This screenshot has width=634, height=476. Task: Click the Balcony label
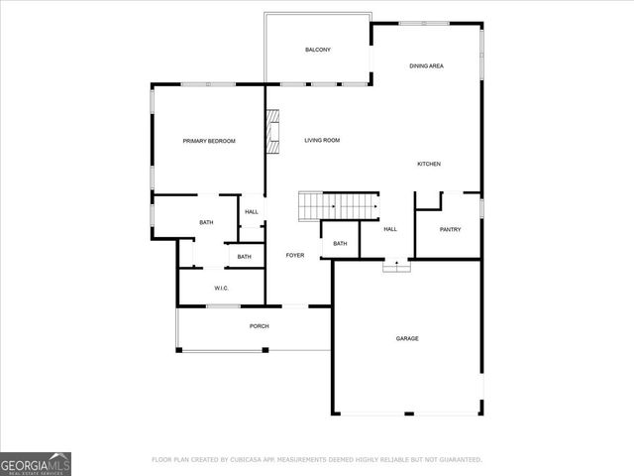point(317,50)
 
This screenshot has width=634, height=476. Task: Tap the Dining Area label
point(426,65)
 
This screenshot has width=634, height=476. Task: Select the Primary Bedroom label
point(209,141)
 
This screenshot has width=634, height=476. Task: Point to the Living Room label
point(322,141)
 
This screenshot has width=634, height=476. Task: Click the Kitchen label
point(428,164)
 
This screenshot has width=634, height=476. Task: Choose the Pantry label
point(450,229)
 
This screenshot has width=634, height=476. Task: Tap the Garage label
point(407,338)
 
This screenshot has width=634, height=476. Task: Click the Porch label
point(259,326)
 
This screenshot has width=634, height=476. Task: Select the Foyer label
point(295,256)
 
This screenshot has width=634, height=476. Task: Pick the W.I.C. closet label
point(222,288)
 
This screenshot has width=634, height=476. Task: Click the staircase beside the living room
point(340,206)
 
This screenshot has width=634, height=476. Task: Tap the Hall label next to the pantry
point(390,229)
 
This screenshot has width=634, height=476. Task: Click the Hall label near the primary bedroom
point(252,211)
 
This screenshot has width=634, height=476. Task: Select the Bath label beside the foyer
point(340,244)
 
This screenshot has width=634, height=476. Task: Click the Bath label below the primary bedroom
point(206,222)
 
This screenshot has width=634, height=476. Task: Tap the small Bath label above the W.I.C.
point(244,257)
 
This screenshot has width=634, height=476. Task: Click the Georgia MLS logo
point(36,463)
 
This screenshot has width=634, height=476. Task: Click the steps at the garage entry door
point(396,265)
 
